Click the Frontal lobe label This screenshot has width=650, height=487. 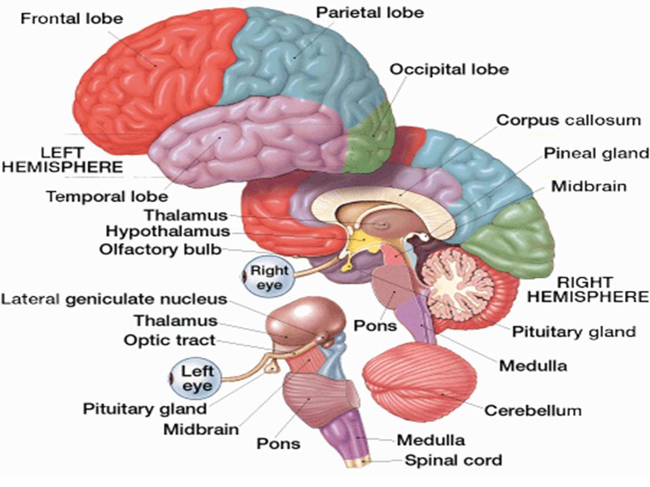(x=71, y=18)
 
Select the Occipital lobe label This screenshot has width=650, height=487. (x=448, y=69)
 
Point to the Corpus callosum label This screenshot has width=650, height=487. (x=568, y=120)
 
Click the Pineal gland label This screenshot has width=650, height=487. (x=597, y=153)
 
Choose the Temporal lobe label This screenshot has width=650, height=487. (x=106, y=197)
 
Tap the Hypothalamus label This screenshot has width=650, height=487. (x=167, y=232)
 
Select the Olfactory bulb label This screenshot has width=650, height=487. (x=160, y=249)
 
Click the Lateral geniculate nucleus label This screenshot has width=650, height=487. (x=114, y=299)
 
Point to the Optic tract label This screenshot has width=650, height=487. (x=169, y=340)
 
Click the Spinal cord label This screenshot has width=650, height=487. (x=453, y=461)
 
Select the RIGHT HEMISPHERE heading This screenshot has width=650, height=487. (x=588, y=289)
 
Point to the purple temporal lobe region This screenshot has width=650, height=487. (x=244, y=139)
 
